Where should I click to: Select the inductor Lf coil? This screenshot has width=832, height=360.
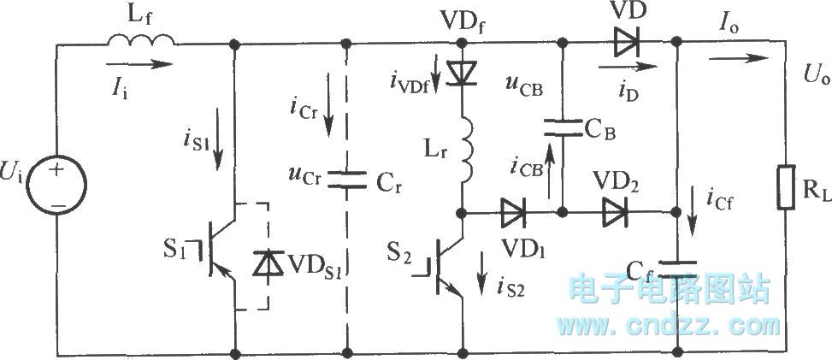[x=141, y=39]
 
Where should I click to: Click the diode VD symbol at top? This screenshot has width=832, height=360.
[x=619, y=39]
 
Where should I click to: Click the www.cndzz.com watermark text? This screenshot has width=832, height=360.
[x=669, y=325]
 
